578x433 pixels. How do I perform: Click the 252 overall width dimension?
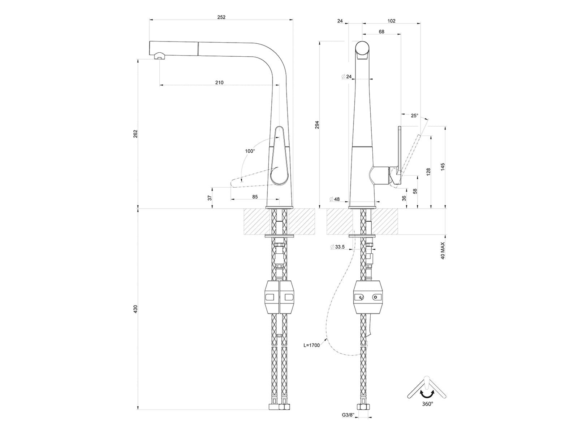pos(221,17)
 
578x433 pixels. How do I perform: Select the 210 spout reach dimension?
pos(219,83)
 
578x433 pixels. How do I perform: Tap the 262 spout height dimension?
pos(135,134)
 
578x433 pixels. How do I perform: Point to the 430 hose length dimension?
pos(135,309)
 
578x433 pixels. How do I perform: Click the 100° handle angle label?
pos(250,151)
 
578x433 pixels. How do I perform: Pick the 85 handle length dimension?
pos(255,197)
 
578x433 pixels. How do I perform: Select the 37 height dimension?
pos(210,198)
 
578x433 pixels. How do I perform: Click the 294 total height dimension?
pos(317,124)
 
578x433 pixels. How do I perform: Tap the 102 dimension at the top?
pos(392,21)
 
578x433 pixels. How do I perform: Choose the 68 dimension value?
pos(381,32)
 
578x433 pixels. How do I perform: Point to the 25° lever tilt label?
pos(414,116)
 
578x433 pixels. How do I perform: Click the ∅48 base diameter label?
pos(335,199)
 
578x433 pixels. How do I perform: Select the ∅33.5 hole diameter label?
pos(337,247)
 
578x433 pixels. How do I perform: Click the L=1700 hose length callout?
pos(312,345)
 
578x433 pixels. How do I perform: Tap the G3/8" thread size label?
pos(348,423)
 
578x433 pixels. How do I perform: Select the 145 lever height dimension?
pos(443,167)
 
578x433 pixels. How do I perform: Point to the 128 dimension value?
pos(428,172)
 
